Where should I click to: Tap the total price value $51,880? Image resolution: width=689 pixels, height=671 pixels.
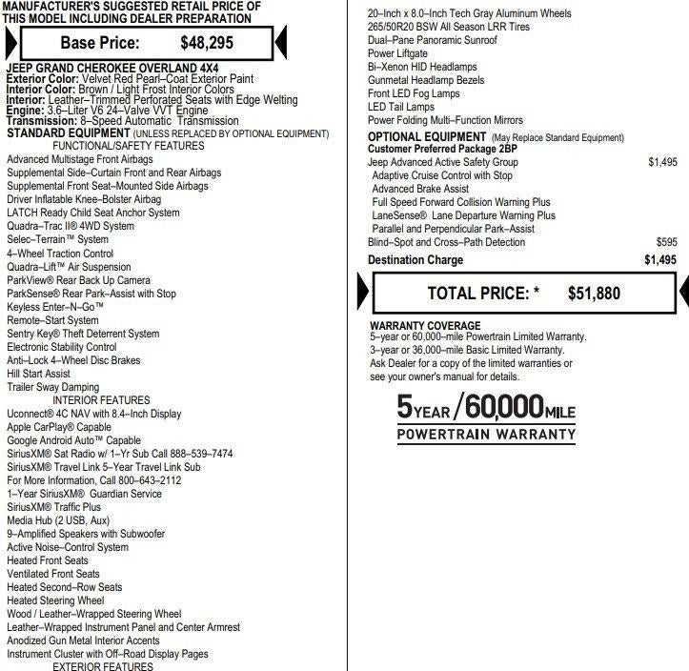coord(594,294)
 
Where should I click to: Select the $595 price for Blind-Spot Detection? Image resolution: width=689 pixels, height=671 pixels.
coord(666,243)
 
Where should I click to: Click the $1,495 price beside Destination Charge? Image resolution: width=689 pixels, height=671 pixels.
coord(659,260)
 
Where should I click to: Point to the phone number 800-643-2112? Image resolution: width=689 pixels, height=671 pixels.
coord(141,480)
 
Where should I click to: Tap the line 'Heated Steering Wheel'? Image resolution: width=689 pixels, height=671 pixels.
coord(55,601)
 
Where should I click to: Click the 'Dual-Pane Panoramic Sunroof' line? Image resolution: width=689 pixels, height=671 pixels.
coord(434,41)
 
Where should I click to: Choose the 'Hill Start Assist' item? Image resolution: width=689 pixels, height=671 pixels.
coord(38,375)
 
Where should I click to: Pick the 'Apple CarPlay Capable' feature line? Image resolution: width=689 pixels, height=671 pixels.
coord(59,428)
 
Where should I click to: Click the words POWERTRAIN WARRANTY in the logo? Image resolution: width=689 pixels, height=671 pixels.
coord(486,434)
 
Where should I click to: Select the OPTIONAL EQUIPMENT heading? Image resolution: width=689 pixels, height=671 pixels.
coord(428,137)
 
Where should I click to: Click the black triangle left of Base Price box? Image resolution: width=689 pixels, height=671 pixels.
coord(10,42)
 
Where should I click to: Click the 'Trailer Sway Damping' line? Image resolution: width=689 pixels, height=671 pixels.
coord(52,388)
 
